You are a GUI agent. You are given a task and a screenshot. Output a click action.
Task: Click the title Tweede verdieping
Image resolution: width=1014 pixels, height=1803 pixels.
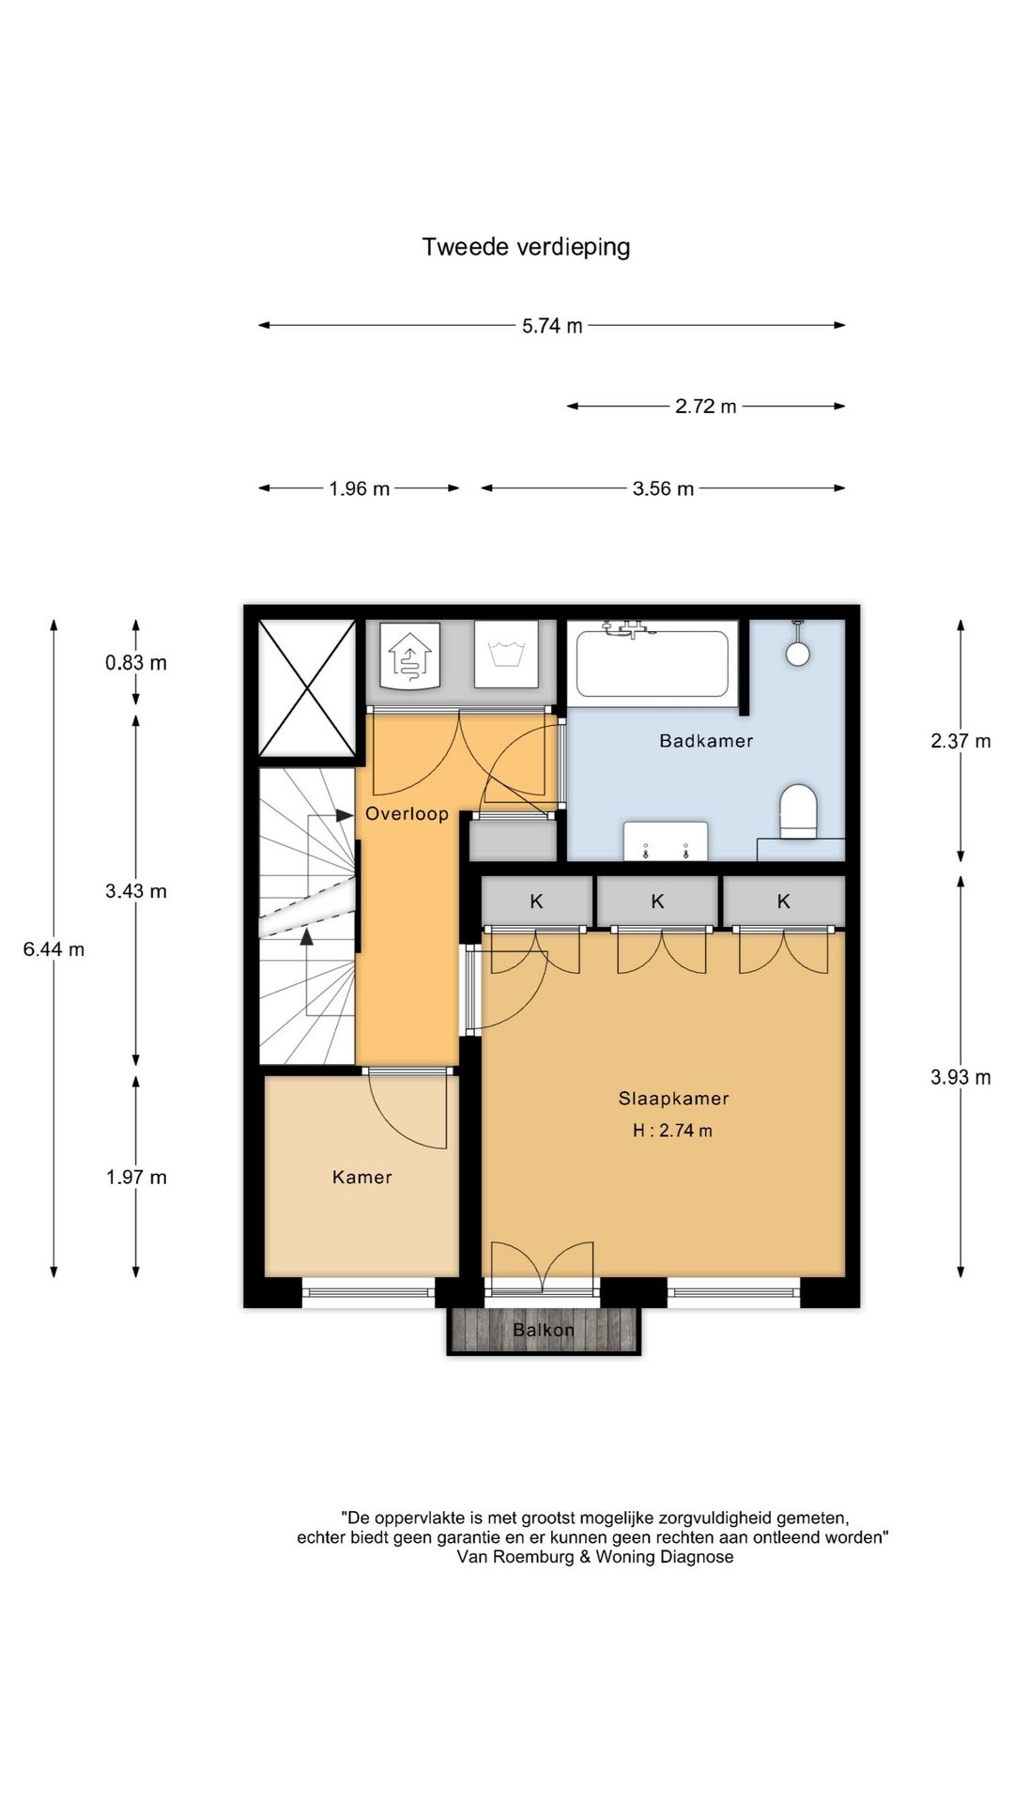pos(526,247)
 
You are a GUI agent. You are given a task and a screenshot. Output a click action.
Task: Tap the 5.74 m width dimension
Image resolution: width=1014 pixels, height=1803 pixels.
pos(552,326)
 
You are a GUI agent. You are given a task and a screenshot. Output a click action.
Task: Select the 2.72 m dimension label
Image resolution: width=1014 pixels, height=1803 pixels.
pos(706,407)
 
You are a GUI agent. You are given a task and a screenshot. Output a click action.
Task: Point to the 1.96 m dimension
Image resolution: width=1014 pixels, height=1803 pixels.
pos(360,488)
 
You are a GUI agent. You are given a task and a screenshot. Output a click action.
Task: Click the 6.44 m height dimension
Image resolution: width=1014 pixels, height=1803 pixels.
pos(54,949)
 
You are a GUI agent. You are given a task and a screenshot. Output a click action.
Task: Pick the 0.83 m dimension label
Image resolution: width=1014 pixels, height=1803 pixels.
pos(136,663)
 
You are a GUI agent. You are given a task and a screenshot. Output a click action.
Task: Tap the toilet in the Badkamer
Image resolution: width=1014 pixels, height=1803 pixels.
pos(800,811)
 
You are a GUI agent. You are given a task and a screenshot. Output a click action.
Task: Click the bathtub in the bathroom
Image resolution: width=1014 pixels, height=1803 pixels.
pos(653,663)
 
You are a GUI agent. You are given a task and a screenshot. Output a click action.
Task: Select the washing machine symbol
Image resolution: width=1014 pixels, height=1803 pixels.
pos(506,654)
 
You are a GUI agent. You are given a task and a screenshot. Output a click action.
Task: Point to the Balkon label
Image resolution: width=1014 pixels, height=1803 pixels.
pos(544,1330)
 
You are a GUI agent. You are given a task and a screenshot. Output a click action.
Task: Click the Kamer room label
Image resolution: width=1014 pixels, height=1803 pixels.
pos(361,1178)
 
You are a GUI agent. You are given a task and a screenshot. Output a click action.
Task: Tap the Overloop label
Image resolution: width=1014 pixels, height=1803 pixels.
pos(407,814)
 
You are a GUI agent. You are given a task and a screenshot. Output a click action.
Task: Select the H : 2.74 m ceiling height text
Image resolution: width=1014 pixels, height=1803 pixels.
pos(672,1131)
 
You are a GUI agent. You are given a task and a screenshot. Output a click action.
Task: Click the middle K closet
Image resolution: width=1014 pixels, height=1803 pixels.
pos(657,901)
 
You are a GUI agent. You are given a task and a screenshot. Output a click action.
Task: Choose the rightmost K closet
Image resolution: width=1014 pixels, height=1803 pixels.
pos(784,901)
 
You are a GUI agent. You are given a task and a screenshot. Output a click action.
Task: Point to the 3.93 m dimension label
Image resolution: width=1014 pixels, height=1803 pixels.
pos(960,1078)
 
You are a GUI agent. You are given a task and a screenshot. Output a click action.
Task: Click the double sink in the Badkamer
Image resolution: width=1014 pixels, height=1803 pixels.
pos(666,840)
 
